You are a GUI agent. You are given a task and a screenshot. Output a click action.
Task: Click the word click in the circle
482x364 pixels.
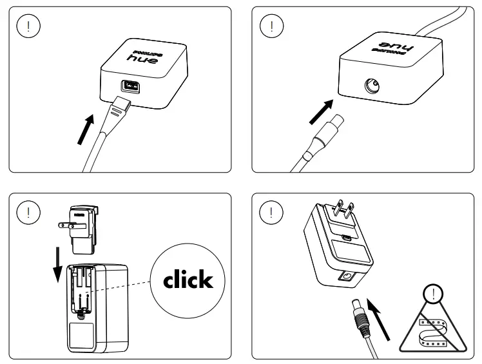coord(188,279)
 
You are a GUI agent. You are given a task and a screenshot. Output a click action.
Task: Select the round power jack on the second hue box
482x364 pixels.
coord(372,85)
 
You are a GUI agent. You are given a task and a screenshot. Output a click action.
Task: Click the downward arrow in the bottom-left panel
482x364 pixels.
coord(57,263)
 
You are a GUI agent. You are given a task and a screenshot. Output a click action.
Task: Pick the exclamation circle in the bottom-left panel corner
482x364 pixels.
coord(26,211)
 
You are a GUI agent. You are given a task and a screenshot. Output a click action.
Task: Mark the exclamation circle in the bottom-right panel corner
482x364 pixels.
coord(272,211)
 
